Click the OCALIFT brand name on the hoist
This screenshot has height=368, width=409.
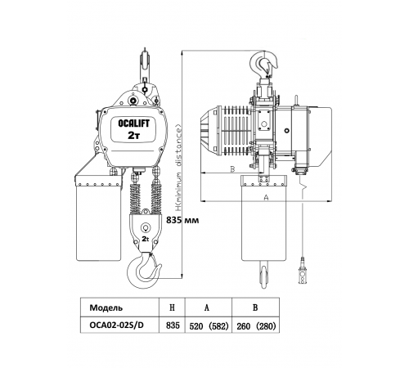pyautogui.click(x=133, y=123)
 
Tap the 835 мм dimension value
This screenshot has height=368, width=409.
pyautogui.click(x=182, y=220)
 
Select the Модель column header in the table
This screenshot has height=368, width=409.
pyautogui.click(x=106, y=307)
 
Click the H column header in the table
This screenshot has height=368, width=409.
pyautogui.click(x=172, y=307)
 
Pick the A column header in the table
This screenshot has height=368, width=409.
pyautogui.click(x=207, y=307)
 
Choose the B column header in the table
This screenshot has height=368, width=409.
pyautogui.click(x=255, y=307)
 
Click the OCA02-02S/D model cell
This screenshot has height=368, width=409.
pyautogui.click(x=116, y=325)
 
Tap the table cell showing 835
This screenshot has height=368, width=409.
pyautogui.click(x=173, y=325)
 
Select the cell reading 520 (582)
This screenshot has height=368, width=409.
pyautogui.click(x=209, y=326)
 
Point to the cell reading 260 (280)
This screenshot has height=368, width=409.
pyautogui.click(x=256, y=326)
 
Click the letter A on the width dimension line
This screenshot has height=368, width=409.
pyautogui.click(x=267, y=197)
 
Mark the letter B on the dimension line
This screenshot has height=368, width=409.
pyautogui.click(x=232, y=169)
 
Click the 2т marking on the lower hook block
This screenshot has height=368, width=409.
pyautogui.click(x=146, y=239)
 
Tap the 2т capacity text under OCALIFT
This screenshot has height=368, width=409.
pyautogui.click(x=133, y=136)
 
